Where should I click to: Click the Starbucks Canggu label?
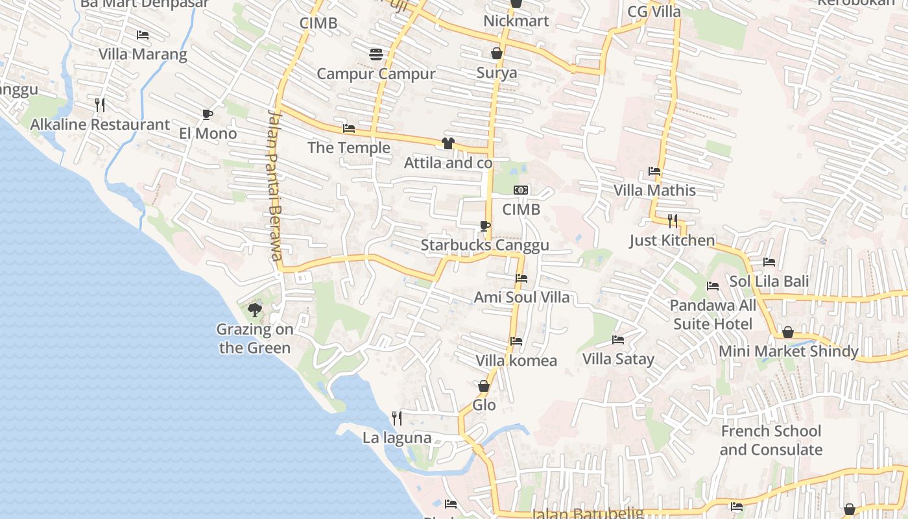click(484, 245)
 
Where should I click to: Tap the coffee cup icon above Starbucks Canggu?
click(484, 226)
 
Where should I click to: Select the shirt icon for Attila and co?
click(448, 143)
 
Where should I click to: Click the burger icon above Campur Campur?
click(376, 54)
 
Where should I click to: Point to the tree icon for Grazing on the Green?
click(255, 309)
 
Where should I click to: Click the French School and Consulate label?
click(771, 441)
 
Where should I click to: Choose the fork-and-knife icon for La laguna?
click(397, 418)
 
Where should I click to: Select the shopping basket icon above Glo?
click(484, 386)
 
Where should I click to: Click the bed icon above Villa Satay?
click(618, 339)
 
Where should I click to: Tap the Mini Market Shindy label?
click(788, 352)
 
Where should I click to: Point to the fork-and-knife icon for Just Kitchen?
click(673, 221)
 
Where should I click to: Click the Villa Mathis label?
click(654, 191)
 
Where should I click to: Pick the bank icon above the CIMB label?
click(521, 190)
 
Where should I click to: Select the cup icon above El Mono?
click(208, 114)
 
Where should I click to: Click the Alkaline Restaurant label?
click(100, 125)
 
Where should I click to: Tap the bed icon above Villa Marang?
click(143, 34)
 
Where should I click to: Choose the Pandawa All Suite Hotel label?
click(713, 315)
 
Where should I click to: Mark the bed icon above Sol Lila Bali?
click(769, 262)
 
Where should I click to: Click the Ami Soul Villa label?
click(521, 297)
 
